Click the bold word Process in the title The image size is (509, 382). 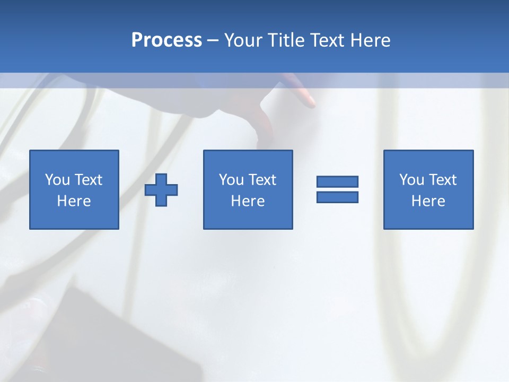click(x=166, y=40)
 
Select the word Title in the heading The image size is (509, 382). click(x=286, y=40)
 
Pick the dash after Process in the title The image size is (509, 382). click(x=213, y=41)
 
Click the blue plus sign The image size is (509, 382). click(x=161, y=189)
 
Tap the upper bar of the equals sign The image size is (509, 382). click(x=337, y=182)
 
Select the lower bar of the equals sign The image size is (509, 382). click(x=337, y=197)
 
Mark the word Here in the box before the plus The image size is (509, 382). click(x=74, y=201)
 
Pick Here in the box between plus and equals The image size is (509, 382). click(x=248, y=201)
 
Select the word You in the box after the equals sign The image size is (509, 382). click(x=411, y=180)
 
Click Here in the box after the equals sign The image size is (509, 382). click(x=428, y=201)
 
